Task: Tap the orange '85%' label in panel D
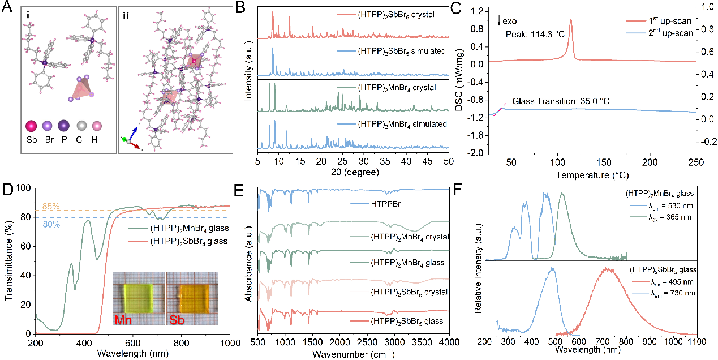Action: [50, 206]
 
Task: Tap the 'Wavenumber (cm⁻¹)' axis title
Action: [352, 354]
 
